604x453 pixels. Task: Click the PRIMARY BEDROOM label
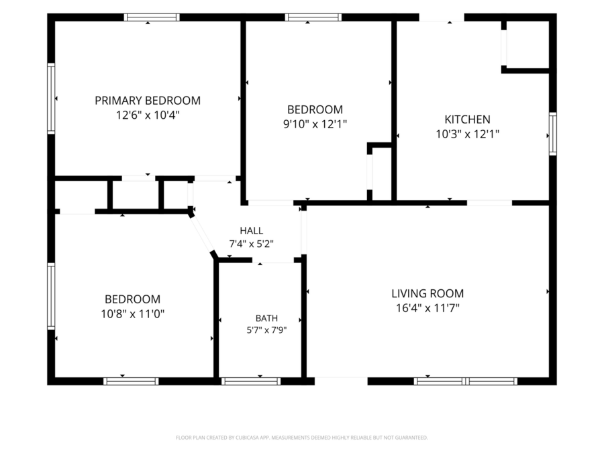point(148,101)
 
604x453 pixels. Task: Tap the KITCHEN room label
point(467,119)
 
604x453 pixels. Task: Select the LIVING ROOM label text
point(427,293)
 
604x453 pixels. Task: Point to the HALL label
point(252,231)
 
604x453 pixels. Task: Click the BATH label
point(266,318)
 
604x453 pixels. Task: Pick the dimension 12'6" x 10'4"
point(148,115)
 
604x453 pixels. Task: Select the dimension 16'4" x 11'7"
point(427,308)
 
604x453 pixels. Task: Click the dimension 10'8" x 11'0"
point(132,314)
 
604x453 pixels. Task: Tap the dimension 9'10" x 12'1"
point(315,124)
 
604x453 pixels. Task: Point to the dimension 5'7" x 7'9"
point(266,330)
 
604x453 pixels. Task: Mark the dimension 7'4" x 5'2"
point(252,244)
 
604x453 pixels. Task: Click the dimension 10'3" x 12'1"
point(467,134)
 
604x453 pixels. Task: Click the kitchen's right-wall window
point(553,134)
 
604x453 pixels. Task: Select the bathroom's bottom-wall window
point(251,381)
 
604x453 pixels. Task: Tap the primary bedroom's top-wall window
point(152,17)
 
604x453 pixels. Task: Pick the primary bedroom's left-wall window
point(51,99)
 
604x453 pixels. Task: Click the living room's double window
point(466,381)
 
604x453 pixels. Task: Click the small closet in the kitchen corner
point(527,45)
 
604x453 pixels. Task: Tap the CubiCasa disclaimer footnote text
point(301,438)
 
